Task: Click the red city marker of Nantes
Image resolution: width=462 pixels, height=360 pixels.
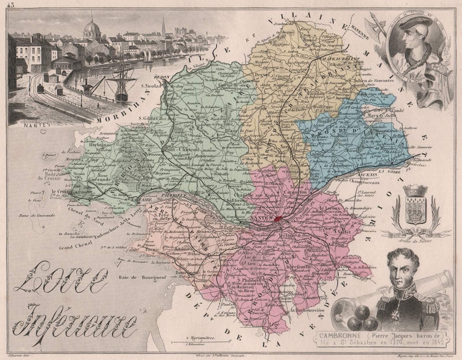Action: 278,219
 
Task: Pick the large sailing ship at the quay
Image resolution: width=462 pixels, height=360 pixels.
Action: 121,78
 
